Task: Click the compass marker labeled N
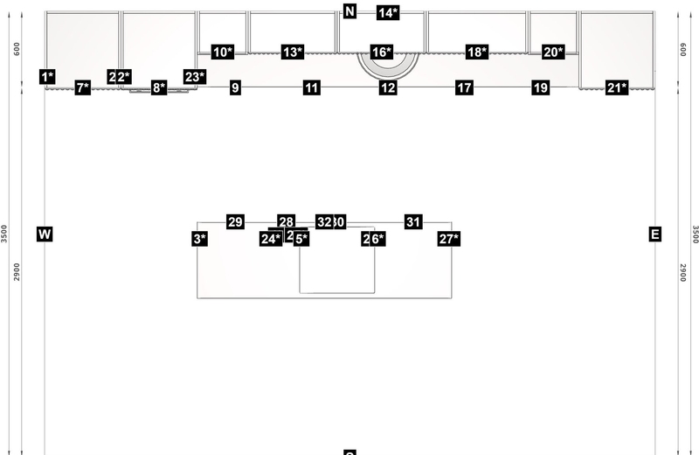pyautogui.click(x=350, y=11)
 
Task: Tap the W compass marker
pyautogui.click(x=45, y=234)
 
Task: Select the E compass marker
pyautogui.click(x=655, y=234)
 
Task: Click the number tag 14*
pyautogui.click(x=388, y=12)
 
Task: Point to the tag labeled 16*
pyautogui.click(x=382, y=52)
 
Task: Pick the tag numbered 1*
pyautogui.click(x=48, y=77)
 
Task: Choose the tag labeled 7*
pyautogui.click(x=83, y=87)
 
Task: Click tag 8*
pyautogui.click(x=159, y=87)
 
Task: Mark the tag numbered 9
pyautogui.click(x=235, y=87)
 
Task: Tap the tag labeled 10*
pyautogui.click(x=223, y=52)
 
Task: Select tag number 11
pyautogui.click(x=312, y=87)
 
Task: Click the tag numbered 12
pyautogui.click(x=388, y=87)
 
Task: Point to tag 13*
pyautogui.click(x=293, y=52)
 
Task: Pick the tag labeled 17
pyautogui.click(x=464, y=87)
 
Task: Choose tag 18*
pyautogui.click(x=477, y=52)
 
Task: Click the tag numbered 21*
pyautogui.click(x=617, y=87)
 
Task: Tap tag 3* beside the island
pyautogui.click(x=199, y=239)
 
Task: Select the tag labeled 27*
pyautogui.click(x=449, y=239)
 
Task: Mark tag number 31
pyautogui.click(x=413, y=222)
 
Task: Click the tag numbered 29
pyautogui.click(x=235, y=222)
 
